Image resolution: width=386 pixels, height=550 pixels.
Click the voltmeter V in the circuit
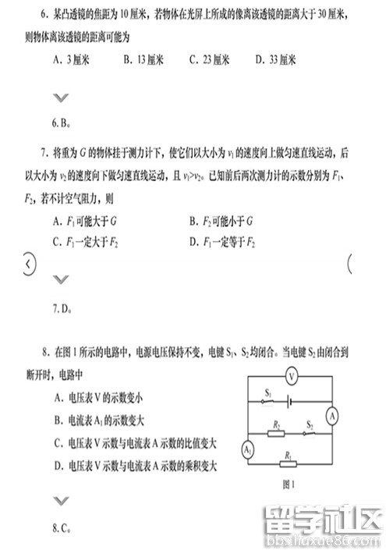[290, 376]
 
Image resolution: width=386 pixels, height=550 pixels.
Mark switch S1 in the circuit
[268, 401]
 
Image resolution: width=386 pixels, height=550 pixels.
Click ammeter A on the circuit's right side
[332, 416]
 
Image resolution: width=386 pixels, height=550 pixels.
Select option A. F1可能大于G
[86, 222]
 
